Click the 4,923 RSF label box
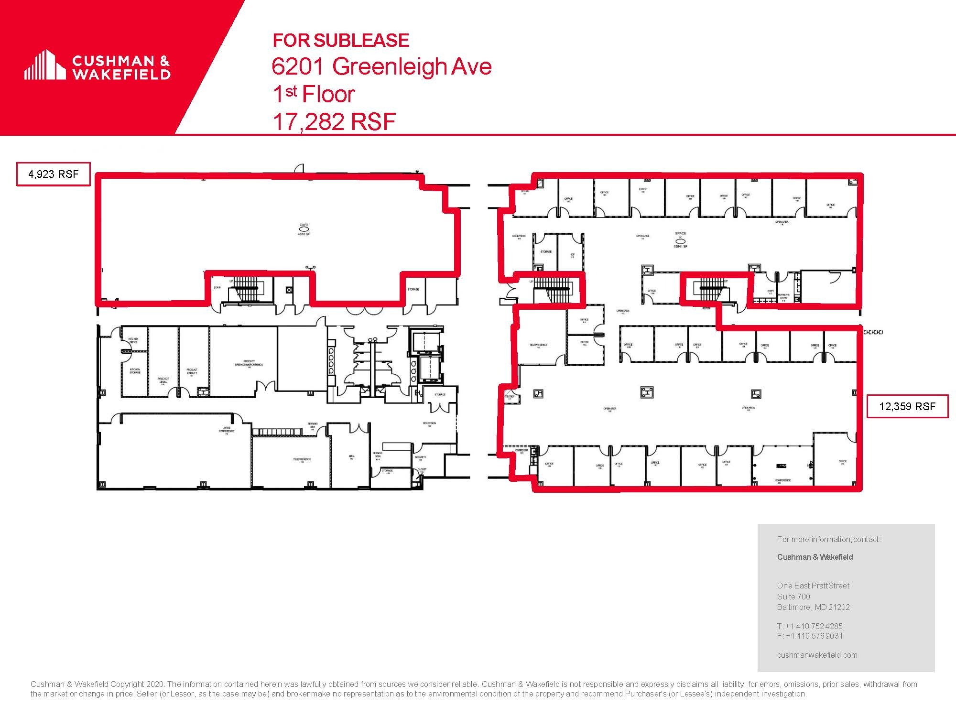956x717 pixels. [x=54, y=174]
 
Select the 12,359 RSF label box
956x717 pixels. [x=907, y=406]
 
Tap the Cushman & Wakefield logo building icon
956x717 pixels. [x=45, y=65]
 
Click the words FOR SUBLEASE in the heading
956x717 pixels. [x=341, y=41]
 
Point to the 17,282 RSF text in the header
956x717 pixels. [x=334, y=121]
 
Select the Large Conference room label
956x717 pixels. [x=227, y=430]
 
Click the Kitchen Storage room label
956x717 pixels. [x=135, y=371]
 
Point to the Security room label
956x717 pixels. [x=420, y=458]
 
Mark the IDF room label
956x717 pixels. [x=572, y=255]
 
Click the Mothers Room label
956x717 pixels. [x=783, y=297]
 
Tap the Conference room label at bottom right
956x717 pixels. [x=783, y=480]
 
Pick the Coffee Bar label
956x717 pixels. [x=521, y=451]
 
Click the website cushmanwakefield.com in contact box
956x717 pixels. [x=817, y=655]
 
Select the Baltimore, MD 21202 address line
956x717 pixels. [x=813, y=608]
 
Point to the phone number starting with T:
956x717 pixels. [x=810, y=626]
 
